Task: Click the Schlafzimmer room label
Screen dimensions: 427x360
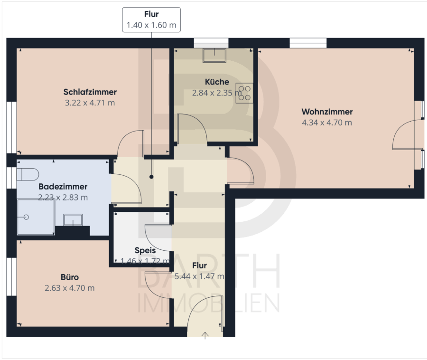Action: (90, 92)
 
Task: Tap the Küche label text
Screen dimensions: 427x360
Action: (217, 82)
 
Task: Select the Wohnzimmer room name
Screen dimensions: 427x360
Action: (327, 112)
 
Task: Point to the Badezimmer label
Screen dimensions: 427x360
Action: (63, 187)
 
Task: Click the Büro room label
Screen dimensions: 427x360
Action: (70, 277)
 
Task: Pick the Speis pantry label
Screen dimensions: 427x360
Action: (145, 250)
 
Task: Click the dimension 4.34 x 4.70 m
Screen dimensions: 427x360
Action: (327, 123)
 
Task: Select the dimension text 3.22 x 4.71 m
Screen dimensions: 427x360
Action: (90, 103)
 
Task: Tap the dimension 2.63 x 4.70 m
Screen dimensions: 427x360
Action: (70, 288)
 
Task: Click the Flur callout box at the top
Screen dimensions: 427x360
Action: (151, 19)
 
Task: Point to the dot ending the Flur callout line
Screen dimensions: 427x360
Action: (151, 177)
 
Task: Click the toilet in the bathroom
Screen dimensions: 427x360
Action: (28, 174)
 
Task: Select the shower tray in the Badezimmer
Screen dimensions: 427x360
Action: (36, 217)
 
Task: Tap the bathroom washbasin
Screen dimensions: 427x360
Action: (73, 219)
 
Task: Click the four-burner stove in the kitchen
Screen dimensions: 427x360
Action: (244, 93)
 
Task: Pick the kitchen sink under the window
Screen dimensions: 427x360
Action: (214, 56)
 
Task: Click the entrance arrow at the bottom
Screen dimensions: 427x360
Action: (205, 335)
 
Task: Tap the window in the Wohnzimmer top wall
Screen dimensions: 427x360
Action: (308, 43)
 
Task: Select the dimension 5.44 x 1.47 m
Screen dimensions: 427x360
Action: (199, 276)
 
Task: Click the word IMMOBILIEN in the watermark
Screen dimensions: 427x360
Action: (209, 303)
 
